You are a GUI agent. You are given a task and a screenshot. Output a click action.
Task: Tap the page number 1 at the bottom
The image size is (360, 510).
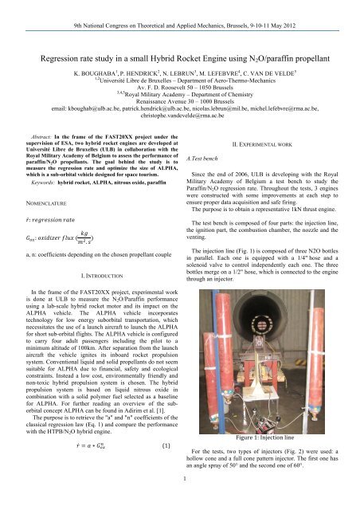pyautogui.click(x=179, y=501)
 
